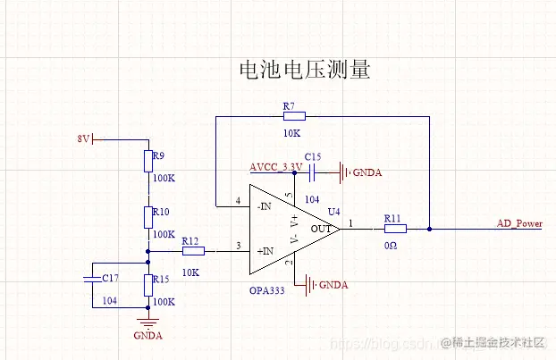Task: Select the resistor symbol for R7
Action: point(293,115)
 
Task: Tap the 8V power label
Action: point(83,138)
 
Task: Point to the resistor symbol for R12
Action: point(193,252)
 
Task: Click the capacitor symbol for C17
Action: point(92,278)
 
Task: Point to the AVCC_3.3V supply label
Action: point(276,167)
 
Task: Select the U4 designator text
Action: point(333,211)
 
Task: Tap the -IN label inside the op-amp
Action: point(264,206)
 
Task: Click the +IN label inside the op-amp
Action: point(265,252)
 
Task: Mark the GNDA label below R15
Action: point(147,337)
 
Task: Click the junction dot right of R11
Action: point(430,228)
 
